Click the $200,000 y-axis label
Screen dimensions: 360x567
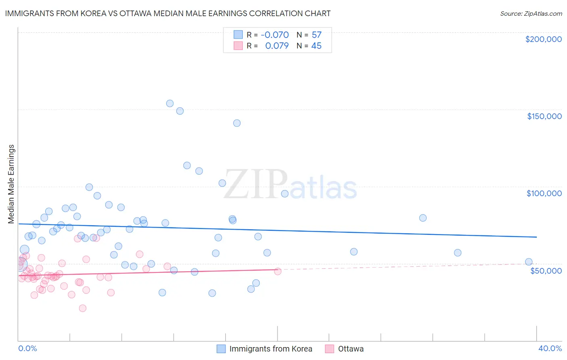(543, 39)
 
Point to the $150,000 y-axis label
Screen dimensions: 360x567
(544, 116)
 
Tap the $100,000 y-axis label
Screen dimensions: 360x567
(544, 193)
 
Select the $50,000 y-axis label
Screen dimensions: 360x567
(546, 270)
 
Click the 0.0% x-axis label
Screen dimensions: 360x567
(27, 348)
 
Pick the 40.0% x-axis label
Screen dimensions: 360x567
(550, 348)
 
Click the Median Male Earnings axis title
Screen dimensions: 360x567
(11, 184)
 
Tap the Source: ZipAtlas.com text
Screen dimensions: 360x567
(531, 14)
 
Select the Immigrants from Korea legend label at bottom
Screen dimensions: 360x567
(271, 349)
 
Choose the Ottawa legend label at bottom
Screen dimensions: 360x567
(350, 349)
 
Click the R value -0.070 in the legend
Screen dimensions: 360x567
(275, 35)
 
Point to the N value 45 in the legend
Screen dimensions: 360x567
(316, 46)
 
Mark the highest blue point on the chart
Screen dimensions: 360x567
(170, 103)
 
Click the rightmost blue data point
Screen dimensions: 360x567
(529, 262)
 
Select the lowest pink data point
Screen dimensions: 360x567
(83, 308)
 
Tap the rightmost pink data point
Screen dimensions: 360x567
(277, 271)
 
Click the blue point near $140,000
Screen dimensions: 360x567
(237, 123)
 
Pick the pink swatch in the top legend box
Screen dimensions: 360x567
(238, 46)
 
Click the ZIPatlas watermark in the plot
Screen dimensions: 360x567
(290, 185)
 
